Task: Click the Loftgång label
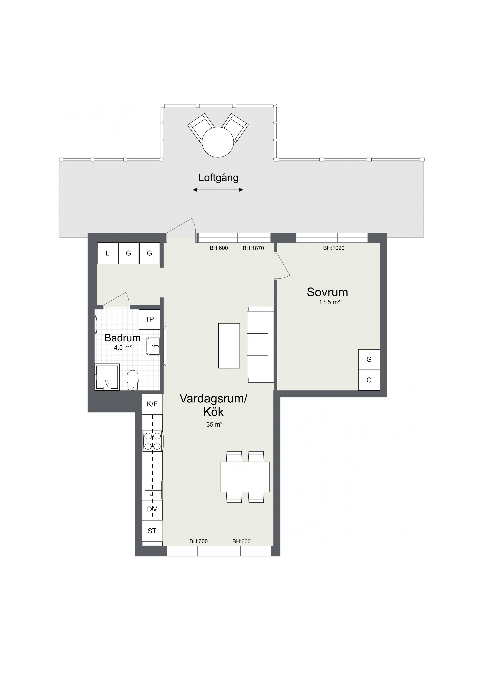tap(218, 178)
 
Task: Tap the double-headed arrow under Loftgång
tap(218, 190)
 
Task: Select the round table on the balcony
tap(218, 142)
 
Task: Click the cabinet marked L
tap(108, 253)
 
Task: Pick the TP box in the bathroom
tap(149, 319)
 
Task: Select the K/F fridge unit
tap(152, 404)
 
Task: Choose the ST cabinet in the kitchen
tap(152, 531)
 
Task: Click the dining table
tap(245, 477)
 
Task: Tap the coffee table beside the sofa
tap(229, 346)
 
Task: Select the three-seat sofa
tap(260, 345)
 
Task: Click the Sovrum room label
tap(327, 292)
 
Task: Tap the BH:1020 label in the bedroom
tap(334, 248)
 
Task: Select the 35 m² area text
tap(214, 424)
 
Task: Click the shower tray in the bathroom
tap(107, 377)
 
